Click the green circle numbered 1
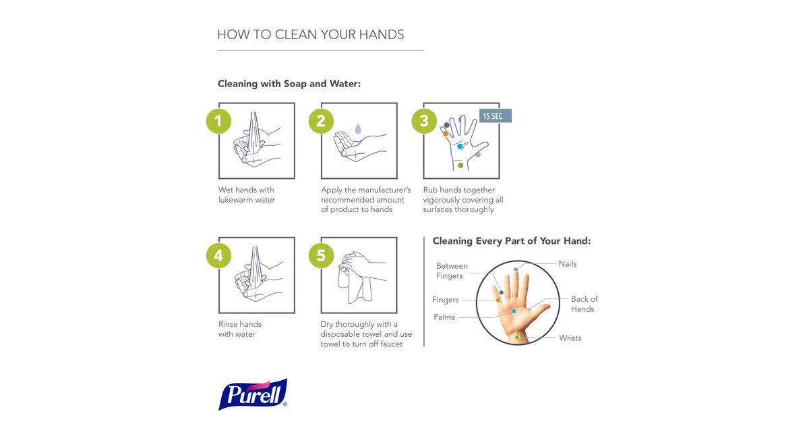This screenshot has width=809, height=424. point(218,121)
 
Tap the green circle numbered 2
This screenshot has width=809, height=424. point(321,121)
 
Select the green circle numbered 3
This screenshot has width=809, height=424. point(423,121)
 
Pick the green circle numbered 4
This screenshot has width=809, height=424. point(218,255)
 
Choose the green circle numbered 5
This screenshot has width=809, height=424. point(321,255)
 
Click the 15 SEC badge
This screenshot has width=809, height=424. point(496,116)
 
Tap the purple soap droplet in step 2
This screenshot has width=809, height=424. point(358,128)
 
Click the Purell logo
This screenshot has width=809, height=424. point(253,394)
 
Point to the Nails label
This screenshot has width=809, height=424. point(567,264)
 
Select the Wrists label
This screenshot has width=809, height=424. point(570,338)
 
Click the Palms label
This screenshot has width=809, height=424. point(444,317)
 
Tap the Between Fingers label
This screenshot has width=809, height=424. point(451,271)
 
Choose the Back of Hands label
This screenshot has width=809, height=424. point(584,304)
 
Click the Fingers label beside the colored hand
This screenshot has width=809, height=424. point(445,300)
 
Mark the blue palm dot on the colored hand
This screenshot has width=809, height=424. point(514,311)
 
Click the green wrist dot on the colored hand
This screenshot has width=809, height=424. point(517,337)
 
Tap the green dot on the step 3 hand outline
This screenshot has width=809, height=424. point(460,165)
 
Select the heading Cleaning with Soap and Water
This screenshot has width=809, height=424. point(289,84)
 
